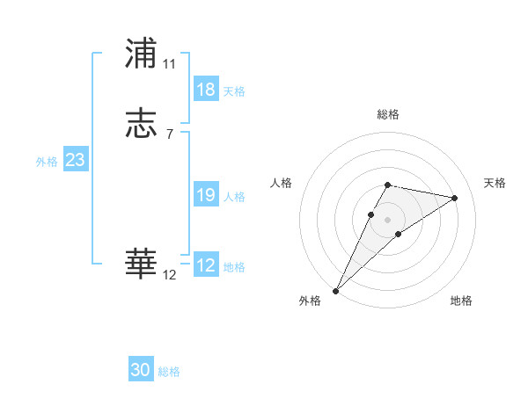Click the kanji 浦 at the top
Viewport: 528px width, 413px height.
click(x=142, y=54)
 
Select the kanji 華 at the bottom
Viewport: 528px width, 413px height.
click(x=142, y=264)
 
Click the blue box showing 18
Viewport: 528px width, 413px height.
click(x=205, y=90)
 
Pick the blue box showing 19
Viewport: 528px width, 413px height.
click(x=205, y=195)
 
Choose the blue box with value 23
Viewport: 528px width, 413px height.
click(x=75, y=160)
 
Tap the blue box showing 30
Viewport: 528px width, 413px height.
click(x=141, y=370)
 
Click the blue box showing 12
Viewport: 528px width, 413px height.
click(x=205, y=265)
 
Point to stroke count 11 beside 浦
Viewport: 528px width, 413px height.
click(x=170, y=64)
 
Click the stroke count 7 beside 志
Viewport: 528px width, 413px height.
click(x=169, y=134)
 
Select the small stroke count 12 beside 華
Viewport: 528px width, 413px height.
click(x=170, y=275)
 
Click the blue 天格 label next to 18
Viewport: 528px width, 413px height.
click(x=234, y=91)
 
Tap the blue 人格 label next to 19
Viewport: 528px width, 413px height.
click(x=234, y=197)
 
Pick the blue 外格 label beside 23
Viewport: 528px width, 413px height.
click(x=47, y=162)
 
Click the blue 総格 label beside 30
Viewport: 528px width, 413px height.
click(x=169, y=372)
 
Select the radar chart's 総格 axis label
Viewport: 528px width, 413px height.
click(x=388, y=114)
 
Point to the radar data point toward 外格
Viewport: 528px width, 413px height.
click(x=335, y=291)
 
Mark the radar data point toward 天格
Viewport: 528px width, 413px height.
click(x=455, y=198)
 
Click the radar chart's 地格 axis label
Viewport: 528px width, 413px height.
click(x=461, y=301)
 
